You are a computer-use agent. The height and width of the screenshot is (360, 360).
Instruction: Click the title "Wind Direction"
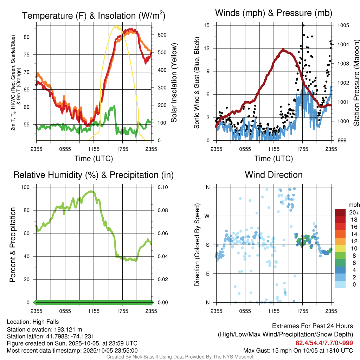(274, 175)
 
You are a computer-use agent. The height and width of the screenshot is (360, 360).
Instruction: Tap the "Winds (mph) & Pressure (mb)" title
(274, 13)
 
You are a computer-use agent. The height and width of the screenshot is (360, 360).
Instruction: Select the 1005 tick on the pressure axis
(343, 25)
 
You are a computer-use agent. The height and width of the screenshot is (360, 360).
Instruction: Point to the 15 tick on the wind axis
(207, 25)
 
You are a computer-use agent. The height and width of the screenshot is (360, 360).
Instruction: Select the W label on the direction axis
(207, 216)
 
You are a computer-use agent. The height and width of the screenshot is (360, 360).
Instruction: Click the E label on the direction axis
(207, 274)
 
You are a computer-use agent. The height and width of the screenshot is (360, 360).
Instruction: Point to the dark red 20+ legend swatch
(340, 212)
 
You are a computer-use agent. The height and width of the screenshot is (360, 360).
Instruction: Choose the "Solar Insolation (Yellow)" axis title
(174, 83)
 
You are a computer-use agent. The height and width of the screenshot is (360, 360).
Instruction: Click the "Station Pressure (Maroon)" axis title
(356, 83)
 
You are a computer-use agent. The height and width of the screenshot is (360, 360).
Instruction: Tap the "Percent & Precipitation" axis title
(13, 245)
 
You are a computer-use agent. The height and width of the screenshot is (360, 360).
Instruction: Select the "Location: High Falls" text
(33, 322)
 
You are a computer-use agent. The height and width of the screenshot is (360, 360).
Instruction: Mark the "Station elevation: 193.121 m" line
(44, 329)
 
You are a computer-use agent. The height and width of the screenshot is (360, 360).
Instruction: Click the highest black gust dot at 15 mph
(303, 25)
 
